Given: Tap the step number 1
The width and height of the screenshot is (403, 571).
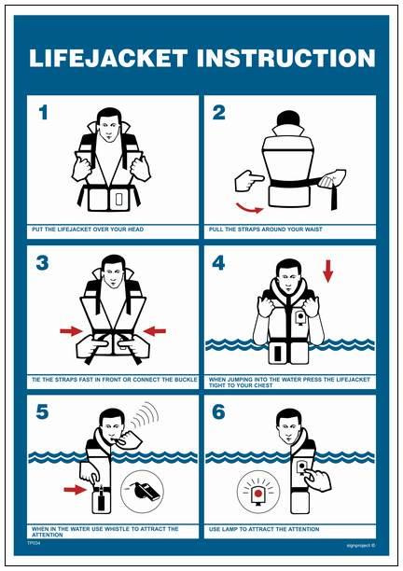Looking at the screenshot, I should click(x=42, y=114).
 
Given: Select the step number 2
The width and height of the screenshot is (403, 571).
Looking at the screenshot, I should click(x=219, y=114).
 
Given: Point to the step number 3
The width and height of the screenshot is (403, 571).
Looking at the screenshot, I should click(x=42, y=263).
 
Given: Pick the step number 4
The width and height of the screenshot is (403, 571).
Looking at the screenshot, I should click(x=219, y=263).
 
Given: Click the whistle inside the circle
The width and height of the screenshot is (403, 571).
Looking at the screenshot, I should click(x=143, y=488).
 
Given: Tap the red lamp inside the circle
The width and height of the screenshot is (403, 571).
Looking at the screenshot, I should click(x=257, y=489).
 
